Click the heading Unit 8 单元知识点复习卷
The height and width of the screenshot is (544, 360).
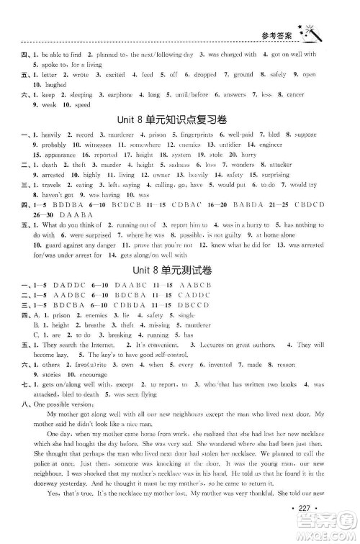[180, 117]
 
